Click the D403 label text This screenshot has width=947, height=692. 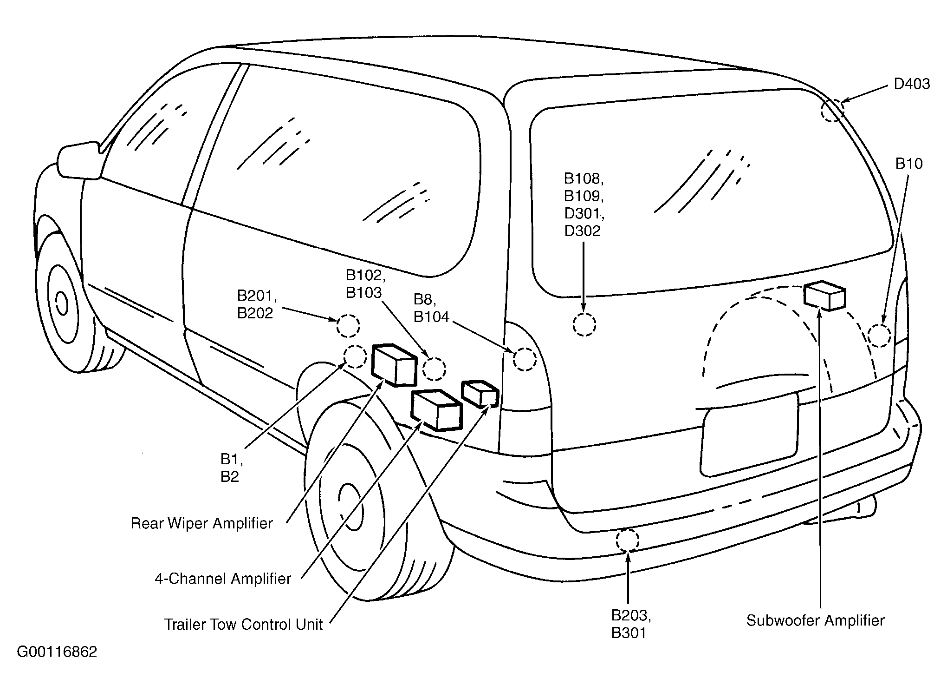tap(912, 84)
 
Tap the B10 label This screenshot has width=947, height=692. tap(908, 164)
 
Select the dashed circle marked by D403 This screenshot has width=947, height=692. tap(832, 111)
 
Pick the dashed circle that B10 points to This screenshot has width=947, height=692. tap(879, 336)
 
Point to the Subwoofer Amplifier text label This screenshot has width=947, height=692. tap(815, 620)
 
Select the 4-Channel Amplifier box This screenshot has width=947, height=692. tap(437, 410)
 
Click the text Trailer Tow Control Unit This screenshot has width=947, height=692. tap(243, 624)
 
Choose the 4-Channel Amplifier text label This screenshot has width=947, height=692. tap(223, 579)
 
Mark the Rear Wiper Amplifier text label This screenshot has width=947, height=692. tap(201, 523)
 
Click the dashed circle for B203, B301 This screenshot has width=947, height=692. tap(628, 540)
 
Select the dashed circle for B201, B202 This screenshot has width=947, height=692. tap(348, 326)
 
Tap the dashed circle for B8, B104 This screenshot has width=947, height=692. tap(525, 359)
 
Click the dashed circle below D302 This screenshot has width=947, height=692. tap(584, 324)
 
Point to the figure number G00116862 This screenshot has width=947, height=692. tap(57, 652)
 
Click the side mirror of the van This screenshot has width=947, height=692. tap(79, 160)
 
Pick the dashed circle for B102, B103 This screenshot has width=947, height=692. tap(435, 369)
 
